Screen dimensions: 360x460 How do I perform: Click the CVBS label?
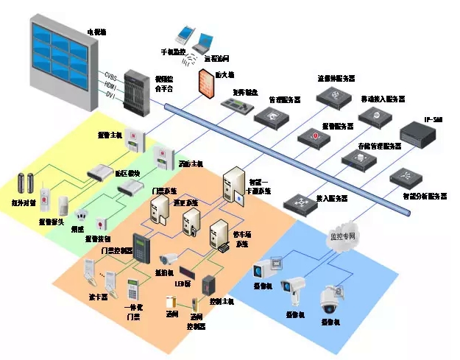point(110,77)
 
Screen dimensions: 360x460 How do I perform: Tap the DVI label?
point(110,94)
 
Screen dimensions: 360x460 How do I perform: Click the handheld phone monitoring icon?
point(183,35)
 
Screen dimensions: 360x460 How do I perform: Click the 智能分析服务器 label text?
point(425,197)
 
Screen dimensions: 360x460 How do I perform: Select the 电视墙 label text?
point(97,32)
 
